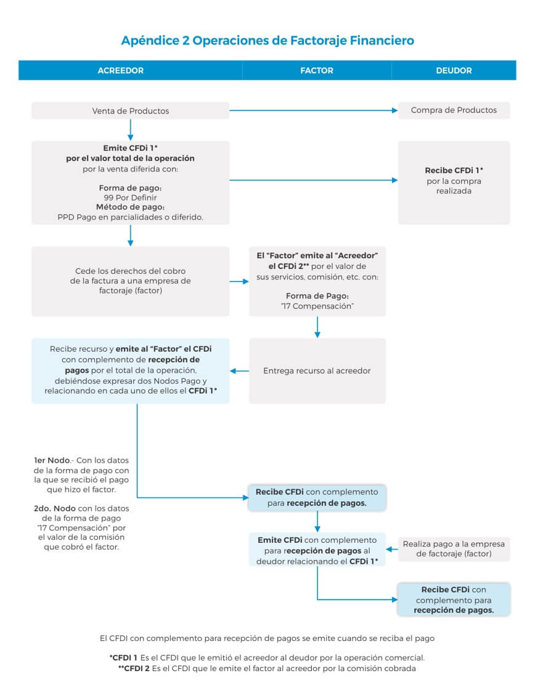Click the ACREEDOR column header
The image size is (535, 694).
pos(120,70)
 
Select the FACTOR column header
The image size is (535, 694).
pos(317,70)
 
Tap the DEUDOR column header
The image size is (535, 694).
pos(454,70)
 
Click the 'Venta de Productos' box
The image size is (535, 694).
pos(131,110)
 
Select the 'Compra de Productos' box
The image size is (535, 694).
pos(454,110)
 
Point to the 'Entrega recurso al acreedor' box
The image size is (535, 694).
pos(317,371)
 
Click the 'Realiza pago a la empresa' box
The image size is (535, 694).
pos(454,549)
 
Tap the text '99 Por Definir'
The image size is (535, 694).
pos(131,197)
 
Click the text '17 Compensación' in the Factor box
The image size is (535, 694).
pos(317,306)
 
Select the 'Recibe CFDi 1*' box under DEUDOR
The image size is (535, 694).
pos(454,183)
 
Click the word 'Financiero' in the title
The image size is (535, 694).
pos(382,40)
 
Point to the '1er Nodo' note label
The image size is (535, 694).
pos(52,460)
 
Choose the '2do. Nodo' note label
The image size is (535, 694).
pos(55,508)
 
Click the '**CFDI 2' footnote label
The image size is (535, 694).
pos(134,668)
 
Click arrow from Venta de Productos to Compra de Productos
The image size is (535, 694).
pos(314,110)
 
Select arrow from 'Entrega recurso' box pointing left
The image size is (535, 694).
pos(239,371)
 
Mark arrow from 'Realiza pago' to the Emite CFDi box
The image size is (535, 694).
pos(392,549)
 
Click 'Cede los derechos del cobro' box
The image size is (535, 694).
pos(131,281)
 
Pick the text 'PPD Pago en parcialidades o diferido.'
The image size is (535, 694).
pos(131,217)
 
